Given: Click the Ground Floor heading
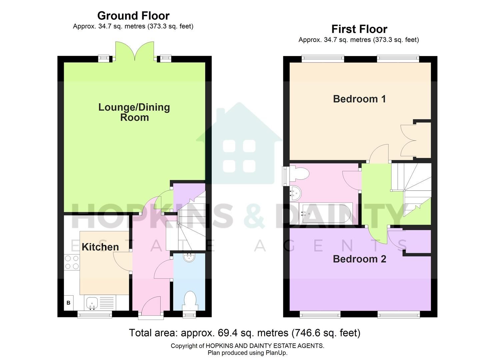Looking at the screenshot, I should pyautogui.click(x=133, y=16).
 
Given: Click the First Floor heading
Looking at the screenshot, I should pyautogui.click(x=359, y=29).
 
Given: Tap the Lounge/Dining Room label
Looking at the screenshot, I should pyautogui.click(x=134, y=112).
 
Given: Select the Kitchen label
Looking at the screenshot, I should pyautogui.click(x=100, y=247).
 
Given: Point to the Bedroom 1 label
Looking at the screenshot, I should pyautogui.click(x=359, y=99).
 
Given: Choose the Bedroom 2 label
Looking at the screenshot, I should pyautogui.click(x=359, y=259).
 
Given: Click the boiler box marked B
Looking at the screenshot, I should pyautogui.click(x=69, y=303).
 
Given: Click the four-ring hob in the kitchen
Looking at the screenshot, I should pyautogui.click(x=72, y=262).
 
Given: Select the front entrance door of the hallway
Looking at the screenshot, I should pyautogui.click(x=151, y=307).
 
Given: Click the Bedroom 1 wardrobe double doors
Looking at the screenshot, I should pyautogui.click(x=408, y=141).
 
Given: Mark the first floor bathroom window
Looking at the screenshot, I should pyautogui.click(x=285, y=175).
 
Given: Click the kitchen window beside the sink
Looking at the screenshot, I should pyautogui.click(x=95, y=314).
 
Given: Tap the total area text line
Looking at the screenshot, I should pyautogui.click(x=244, y=333).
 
